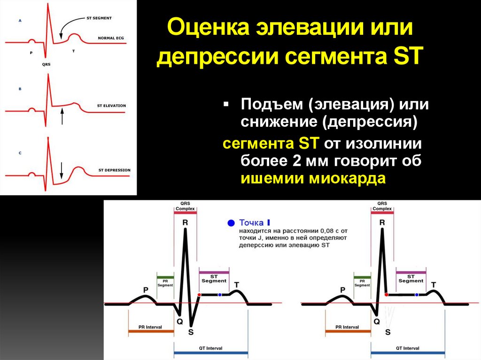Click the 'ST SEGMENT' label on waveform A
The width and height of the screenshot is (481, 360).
(x=99, y=18)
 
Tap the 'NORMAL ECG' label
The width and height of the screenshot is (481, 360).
(x=111, y=38)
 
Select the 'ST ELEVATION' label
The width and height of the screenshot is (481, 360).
(x=111, y=106)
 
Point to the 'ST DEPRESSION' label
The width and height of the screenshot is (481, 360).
(x=115, y=170)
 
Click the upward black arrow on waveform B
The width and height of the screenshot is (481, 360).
(x=62, y=116)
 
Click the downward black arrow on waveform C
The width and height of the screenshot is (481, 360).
(x=62, y=170)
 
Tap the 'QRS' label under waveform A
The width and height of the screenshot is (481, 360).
(x=47, y=64)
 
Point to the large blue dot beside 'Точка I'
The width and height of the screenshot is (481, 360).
(x=231, y=223)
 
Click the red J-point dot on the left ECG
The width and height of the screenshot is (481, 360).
(x=199, y=295)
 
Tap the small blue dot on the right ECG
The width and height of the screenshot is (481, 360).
(x=417, y=295)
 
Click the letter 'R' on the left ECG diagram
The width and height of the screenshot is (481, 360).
(x=185, y=222)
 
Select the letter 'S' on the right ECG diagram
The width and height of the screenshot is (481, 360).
(x=388, y=332)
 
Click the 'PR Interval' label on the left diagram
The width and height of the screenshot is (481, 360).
(x=150, y=327)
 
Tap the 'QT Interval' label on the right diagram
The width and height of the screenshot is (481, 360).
(x=407, y=348)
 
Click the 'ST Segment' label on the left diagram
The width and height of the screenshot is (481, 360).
(x=214, y=279)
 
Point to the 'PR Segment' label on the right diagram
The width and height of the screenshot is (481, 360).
(x=362, y=283)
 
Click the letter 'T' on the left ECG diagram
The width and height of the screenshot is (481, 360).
(x=237, y=285)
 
